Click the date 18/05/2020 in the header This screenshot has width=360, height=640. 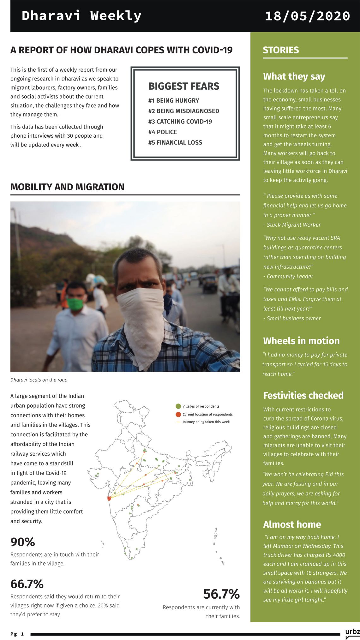click(307, 16)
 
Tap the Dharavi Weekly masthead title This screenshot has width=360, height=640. click(81, 15)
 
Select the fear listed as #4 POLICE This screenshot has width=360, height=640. click(163, 132)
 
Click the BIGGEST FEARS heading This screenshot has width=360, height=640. click(184, 86)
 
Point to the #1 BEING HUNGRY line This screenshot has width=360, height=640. click(174, 101)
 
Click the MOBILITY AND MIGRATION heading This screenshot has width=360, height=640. click(67, 187)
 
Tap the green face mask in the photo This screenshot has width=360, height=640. click(75, 304)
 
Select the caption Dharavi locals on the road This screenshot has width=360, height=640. click(39, 380)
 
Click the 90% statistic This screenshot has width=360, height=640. click(23, 542)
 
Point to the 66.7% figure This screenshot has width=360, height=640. click(27, 584)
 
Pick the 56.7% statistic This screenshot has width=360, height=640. click(221, 594)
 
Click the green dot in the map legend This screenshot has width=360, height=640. click(178, 406)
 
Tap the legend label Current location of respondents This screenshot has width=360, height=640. click(207, 415)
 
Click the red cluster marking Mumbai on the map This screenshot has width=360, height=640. click(109, 499)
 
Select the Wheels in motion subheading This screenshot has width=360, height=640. click(301, 341)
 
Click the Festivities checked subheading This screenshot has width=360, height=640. click(303, 396)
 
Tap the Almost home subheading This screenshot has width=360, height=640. click(292, 524)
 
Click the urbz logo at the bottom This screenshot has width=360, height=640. click(352, 632)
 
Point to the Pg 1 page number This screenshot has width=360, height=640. click(17, 634)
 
